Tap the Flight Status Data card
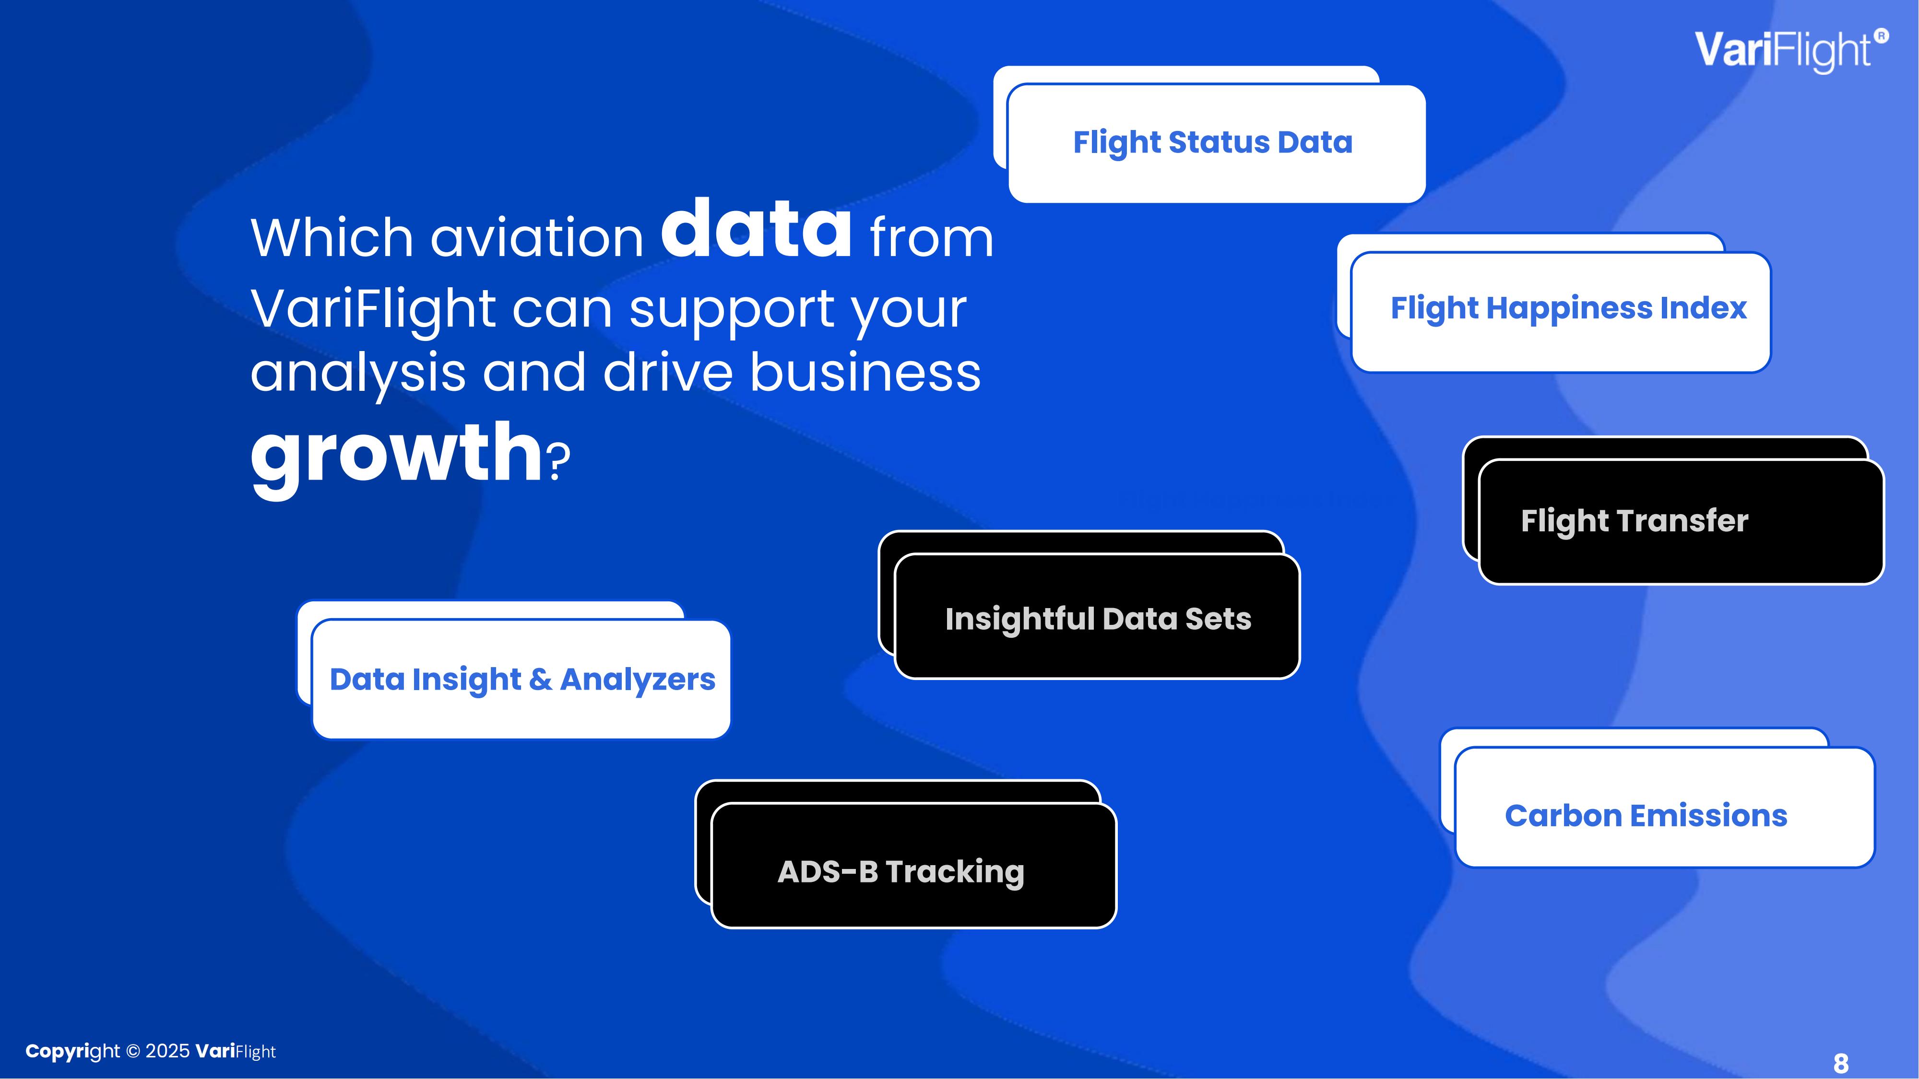[1216, 143]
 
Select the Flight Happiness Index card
[1561, 311]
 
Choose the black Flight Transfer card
[1681, 521]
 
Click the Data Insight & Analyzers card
[521, 679]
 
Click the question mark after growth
[559, 463]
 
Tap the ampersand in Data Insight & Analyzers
[541, 679]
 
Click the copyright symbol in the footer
[133, 1052]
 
